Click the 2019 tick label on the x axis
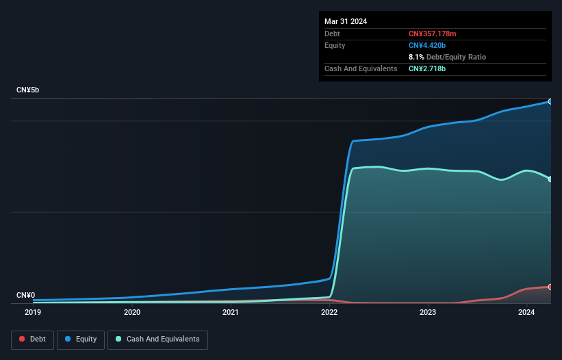pos(33,313)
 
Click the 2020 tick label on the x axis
pos(132,313)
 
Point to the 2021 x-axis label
pos(231,313)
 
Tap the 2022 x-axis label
pos(329,313)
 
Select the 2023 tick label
pos(428,313)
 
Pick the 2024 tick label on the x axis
pos(526,313)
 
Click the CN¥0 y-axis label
pos(25,296)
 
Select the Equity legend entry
pos(81,339)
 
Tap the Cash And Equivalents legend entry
pos(157,339)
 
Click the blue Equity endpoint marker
pos(550,101)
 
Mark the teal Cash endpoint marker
pos(550,179)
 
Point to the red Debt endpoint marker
pos(550,287)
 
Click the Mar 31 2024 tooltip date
pos(346,21)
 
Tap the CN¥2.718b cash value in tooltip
pos(428,68)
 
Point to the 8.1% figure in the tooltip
pos(416,57)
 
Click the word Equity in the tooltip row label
pos(335,45)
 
